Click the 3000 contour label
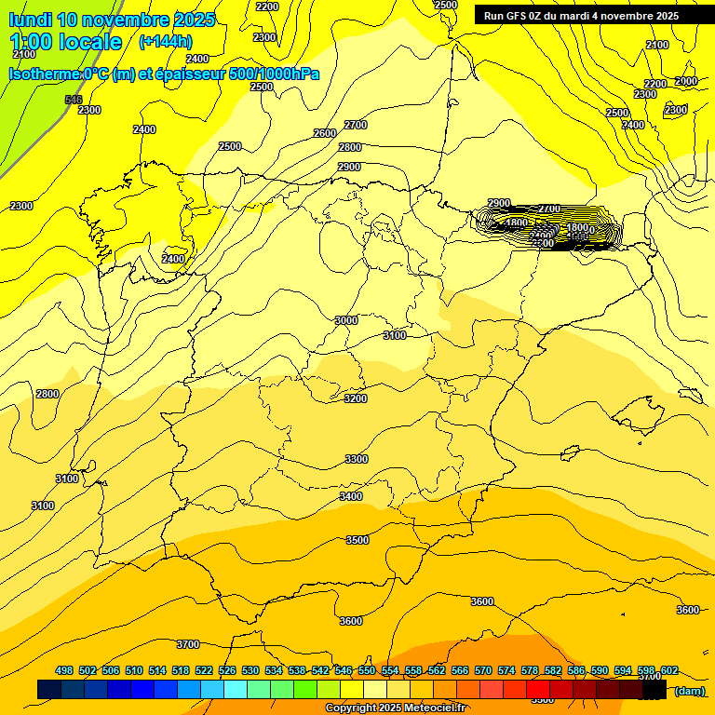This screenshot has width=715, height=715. [x=346, y=320]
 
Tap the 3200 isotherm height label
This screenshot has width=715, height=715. [x=356, y=398]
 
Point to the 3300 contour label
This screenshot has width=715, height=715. [x=357, y=459]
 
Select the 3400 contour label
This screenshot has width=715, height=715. [x=351, y=496]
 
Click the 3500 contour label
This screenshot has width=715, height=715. [x=357, y=540]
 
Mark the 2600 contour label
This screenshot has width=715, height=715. [x=324, y=133]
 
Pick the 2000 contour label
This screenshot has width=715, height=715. [x=686, y=81]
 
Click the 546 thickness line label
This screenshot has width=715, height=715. [x=74, y=100]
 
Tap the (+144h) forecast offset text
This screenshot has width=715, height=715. [x=165, y=41]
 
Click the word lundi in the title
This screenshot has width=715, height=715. [x=32, y=20]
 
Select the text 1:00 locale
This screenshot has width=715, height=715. [x=66, y=42]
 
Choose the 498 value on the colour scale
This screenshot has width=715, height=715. [x=64, y=670]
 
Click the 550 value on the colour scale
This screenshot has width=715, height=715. [x=367, y=670]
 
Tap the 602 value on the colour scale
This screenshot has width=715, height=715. [x=669, y=670]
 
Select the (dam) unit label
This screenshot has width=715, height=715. [x=689, y=691]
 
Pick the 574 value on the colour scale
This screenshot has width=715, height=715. [x=506, y=670]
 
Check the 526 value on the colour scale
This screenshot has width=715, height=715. [x=227, y=670]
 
